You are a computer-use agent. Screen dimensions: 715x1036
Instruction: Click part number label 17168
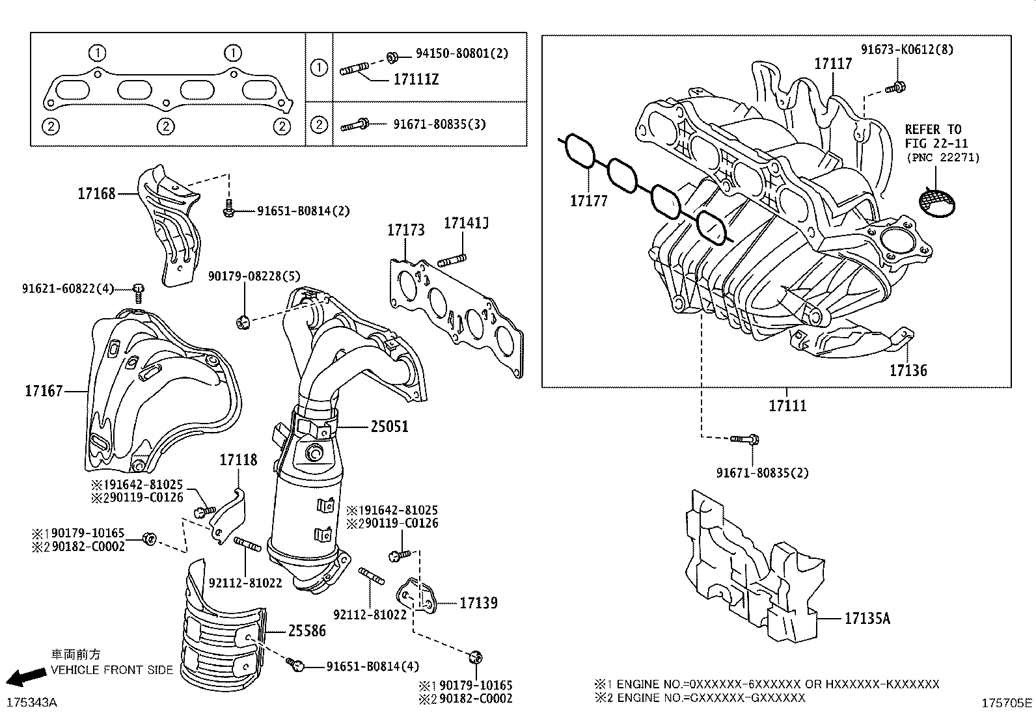click(96, 193)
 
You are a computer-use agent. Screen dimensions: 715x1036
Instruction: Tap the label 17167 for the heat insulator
click(44, 391)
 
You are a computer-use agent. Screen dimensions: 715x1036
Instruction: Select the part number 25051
click(389, 427)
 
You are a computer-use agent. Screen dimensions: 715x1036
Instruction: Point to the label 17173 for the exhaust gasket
click(405, 230)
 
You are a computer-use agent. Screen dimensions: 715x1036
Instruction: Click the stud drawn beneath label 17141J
click(454, 262)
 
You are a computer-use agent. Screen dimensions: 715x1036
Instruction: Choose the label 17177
click(588, 201)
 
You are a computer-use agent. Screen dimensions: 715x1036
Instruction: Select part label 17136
click(908, 371)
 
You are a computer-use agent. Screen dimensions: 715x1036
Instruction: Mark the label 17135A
click(867, 619)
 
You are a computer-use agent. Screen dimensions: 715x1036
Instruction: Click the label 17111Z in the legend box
click(416, 80)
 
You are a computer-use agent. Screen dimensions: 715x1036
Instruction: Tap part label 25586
click(307, 630)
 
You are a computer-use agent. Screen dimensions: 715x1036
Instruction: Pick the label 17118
click(238, 460)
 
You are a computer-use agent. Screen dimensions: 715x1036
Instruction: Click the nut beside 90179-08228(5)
click(243, 320)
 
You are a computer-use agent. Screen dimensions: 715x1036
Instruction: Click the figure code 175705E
click(1007, 703)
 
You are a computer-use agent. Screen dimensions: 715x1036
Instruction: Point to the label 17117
click(833, 64)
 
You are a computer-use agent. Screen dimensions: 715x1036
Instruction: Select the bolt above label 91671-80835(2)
click(746, 440)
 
